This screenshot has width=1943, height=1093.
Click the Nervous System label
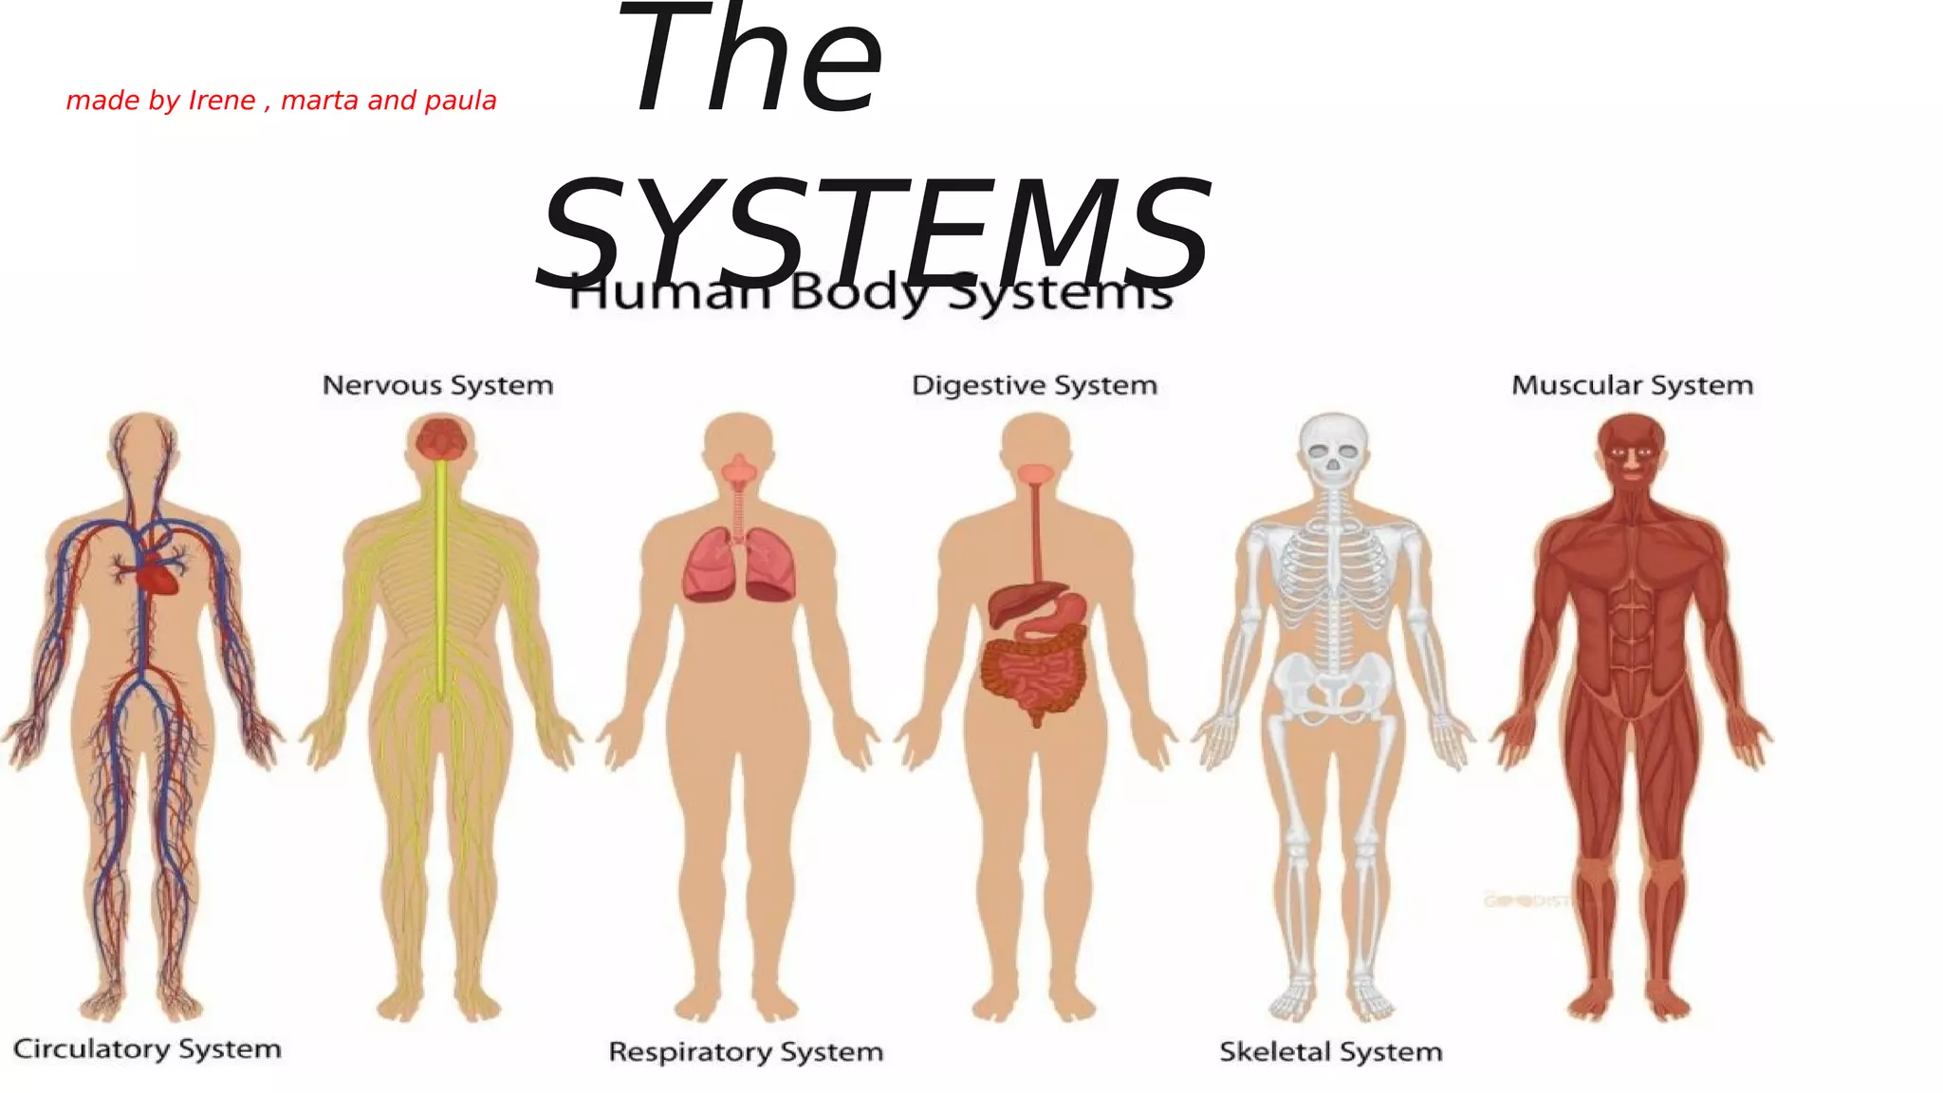pyautogui.click(x=437, y=385)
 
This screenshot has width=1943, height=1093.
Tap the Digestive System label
pyautogui.click(x=1034, y=385)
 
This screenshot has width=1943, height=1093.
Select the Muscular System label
pyautogui.click(x=1632, y=385)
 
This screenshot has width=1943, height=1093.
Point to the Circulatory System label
pyautogui.click(x=147, y=1048)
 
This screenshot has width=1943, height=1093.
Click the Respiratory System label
pyautogui.click(x=746, y=1051)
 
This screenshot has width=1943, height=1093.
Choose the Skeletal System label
pyautogui.click(x=1330, y=1051)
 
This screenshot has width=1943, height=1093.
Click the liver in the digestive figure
pyautogui.click(x=1015, y=602)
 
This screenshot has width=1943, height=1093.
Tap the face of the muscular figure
pyautogui.click(x=1632, y=455)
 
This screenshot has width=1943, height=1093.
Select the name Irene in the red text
pyautogui.click(x=222, y=101)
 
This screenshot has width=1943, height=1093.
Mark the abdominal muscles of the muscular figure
pyautogui.click(x=1632, y=636)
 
